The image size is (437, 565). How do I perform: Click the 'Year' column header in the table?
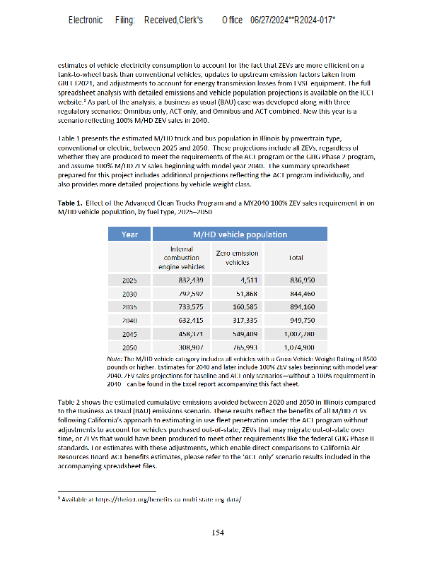tap(129, 234)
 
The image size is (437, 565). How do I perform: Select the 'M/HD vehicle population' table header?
tap(240, 234)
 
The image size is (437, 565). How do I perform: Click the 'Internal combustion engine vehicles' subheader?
tap(182, 258)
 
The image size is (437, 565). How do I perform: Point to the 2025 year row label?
tap(129, 280)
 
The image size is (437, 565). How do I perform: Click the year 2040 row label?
tap(129, 320)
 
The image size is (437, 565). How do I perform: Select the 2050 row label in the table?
tap(129, 347)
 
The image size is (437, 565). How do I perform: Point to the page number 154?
tap(218, 533)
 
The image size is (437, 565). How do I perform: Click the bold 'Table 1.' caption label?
tap(72, 203)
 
